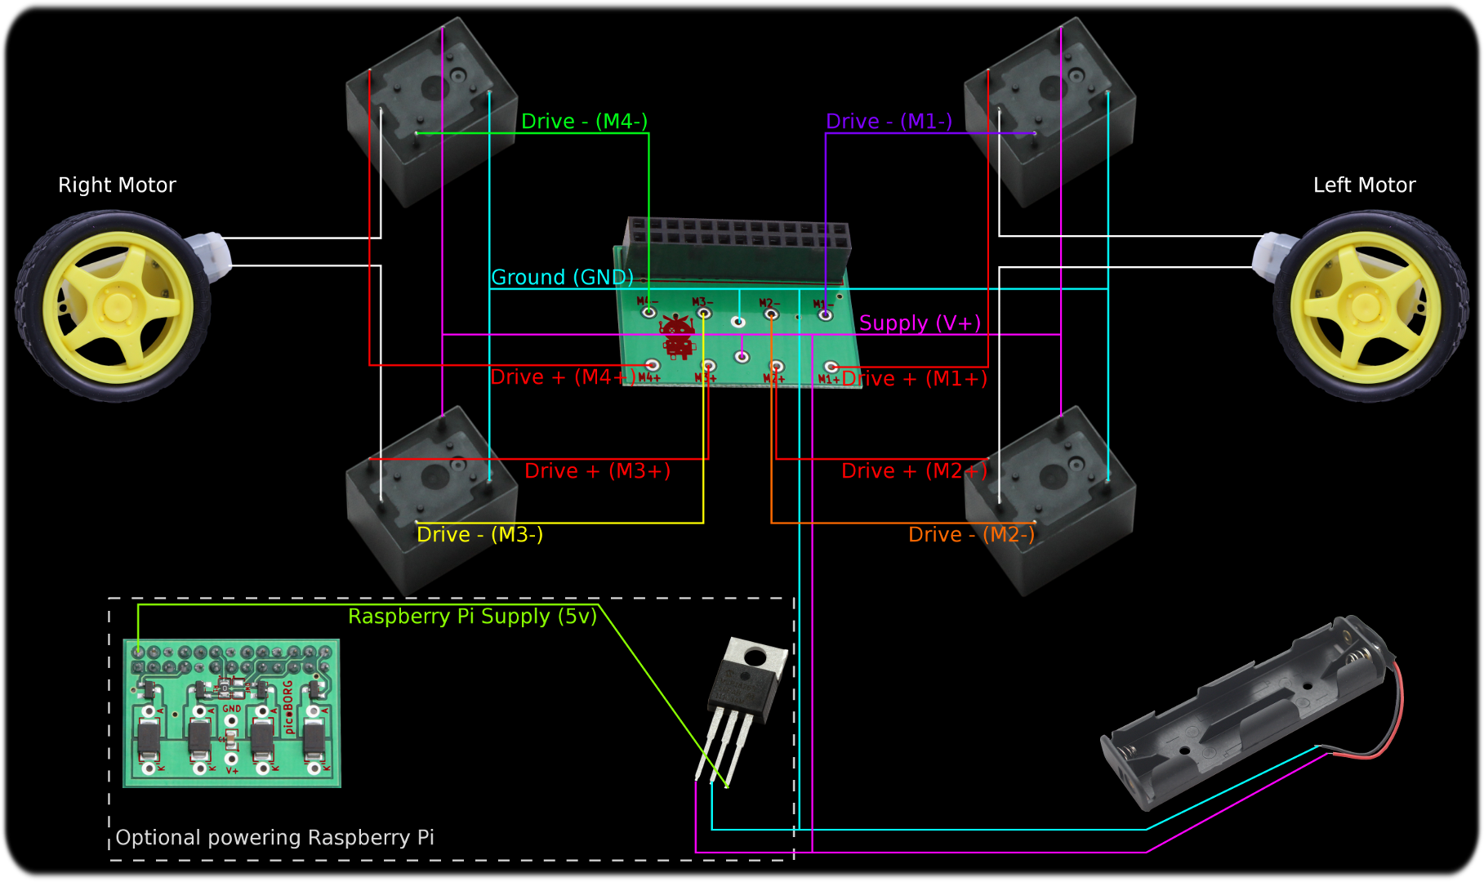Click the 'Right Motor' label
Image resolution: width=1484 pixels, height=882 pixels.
click(117, 185)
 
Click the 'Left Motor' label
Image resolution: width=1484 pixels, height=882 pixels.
click(1364, 185)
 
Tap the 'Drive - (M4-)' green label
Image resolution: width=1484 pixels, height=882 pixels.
click(584, 122)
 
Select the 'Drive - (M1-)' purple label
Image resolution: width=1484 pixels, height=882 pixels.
click(889, 122)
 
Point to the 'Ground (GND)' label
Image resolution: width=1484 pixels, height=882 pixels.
click(562, 278)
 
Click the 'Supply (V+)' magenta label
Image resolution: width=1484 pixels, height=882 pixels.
click(920, 323)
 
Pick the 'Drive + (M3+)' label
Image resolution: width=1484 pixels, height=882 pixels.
click(597, 471)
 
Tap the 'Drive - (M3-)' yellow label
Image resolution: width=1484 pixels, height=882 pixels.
click(479, 535)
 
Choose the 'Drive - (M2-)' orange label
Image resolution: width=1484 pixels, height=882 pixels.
click(971, 535)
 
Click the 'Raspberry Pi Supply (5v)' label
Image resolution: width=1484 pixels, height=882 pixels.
click(472, 617)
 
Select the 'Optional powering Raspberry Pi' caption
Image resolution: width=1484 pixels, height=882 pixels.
click(274, 838)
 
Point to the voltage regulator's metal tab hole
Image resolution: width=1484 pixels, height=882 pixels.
click(754, 657)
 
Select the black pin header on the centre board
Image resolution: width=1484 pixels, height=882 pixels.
click(739, 237)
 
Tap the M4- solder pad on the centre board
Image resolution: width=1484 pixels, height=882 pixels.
click(648, 312)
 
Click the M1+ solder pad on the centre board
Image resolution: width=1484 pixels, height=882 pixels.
click(831, 367)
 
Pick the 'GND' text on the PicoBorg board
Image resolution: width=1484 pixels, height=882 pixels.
click(232, 709)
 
